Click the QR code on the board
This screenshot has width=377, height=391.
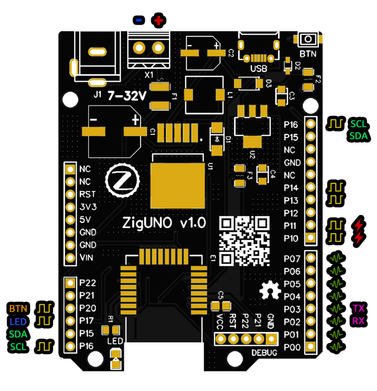pos(244,241)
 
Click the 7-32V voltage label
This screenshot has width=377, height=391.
pos(127,96)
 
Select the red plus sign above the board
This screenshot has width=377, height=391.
pos(158,20)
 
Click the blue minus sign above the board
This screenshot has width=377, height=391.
pos(139,20)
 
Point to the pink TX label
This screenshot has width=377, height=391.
pos(359,308)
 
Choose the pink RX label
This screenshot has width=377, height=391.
pos(359,321)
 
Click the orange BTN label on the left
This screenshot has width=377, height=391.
pos(18,308)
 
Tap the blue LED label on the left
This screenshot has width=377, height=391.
pos(18,321)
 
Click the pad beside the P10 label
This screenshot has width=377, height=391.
pos(312,238)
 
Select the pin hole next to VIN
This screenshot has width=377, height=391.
pos(70,258)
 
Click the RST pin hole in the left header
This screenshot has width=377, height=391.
pos(70,194)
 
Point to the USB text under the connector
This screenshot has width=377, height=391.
pos(259,69)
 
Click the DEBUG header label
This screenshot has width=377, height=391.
pos(264,353)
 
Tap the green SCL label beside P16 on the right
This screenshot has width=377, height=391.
pos(359,124)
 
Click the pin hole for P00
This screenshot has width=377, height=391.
pos(312,347)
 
